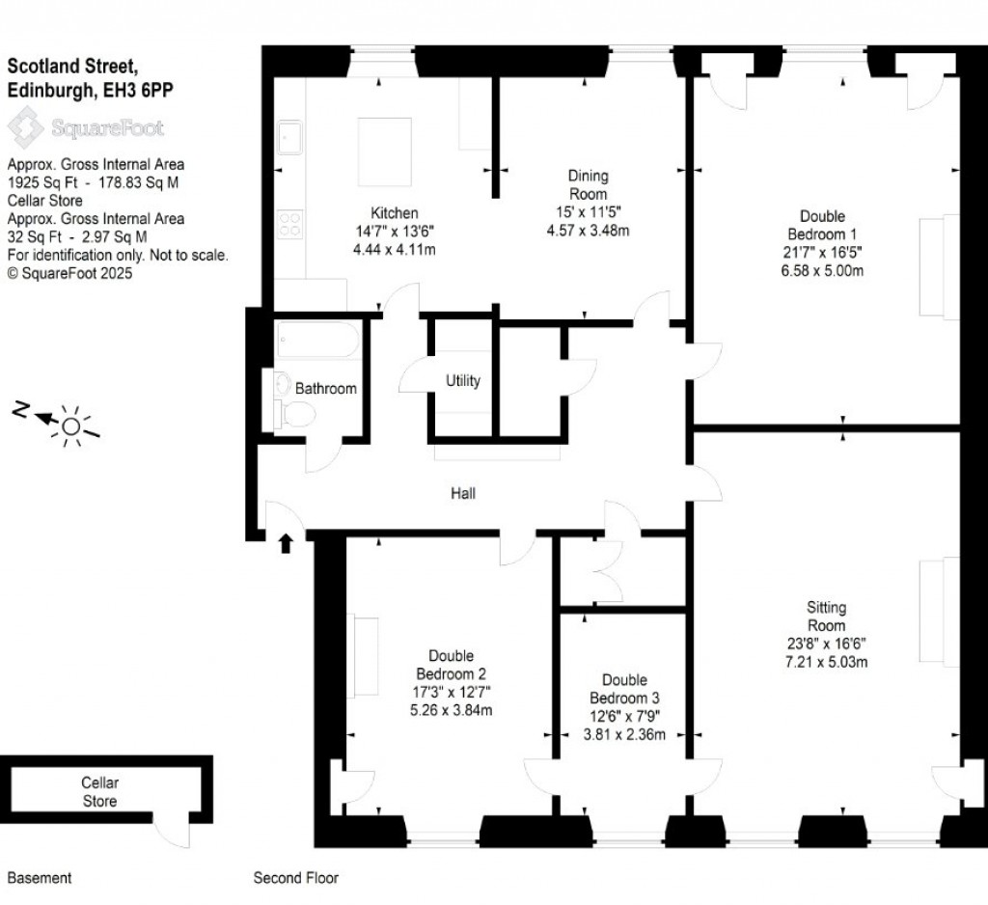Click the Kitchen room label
point(396,213)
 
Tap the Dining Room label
point(588,184)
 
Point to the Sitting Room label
point(826,617)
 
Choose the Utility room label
point(463,381)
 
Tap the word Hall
point(463,493)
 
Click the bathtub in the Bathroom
point(317,340)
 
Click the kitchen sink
point(289,138)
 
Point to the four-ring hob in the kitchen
point(289,225)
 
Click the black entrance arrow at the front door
point(286,544)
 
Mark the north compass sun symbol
point(69,425)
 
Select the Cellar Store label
point(99,792)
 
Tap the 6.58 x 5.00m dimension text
point(822,270)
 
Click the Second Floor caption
point(295,878)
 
